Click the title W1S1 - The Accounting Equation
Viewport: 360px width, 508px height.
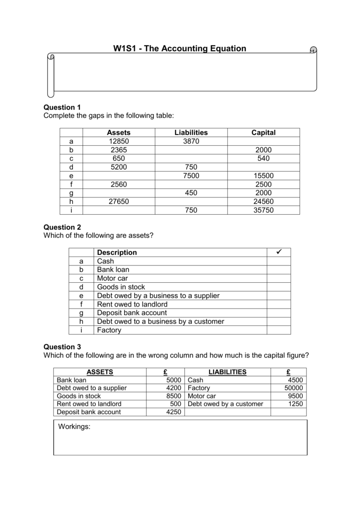click(180, 48)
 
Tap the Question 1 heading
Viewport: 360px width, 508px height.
click(62, 107)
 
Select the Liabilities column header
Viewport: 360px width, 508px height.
click(191, 132)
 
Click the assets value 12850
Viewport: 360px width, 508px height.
click(119, 141)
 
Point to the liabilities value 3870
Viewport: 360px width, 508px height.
click(191, 141)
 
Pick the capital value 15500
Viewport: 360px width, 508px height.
click(264, 176)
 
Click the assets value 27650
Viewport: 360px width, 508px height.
click(119, 201)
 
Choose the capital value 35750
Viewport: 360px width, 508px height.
click(264, 210)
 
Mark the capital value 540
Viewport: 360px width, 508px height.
click(264, 158)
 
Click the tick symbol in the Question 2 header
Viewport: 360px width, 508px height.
click(279, 252)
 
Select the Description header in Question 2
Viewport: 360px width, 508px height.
click(117, 253)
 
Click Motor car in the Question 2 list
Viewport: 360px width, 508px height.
click(112, 278)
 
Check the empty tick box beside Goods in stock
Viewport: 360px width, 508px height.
click(279, 287)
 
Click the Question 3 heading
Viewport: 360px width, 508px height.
click(62, 347)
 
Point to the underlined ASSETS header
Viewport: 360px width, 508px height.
click(100, 372)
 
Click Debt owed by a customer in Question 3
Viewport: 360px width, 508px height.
click(225, 404)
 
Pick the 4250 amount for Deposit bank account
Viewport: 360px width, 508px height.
click(174, 412)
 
